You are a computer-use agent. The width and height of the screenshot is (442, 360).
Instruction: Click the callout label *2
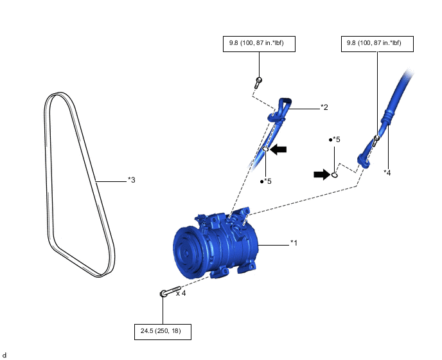(x=324, y=107)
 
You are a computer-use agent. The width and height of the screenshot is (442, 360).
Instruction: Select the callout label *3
(x=131, y=180)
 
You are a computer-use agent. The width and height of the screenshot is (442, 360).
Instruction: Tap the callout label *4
(x=387, y=172)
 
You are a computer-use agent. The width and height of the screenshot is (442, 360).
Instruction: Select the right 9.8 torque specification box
(x=376, y=44)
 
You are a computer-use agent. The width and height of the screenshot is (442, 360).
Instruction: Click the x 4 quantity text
(x=181, y=293)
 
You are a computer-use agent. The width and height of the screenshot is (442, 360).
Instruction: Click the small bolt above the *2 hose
(x=258, y=81)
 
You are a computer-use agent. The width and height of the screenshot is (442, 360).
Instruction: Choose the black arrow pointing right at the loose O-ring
(x=322, y=174)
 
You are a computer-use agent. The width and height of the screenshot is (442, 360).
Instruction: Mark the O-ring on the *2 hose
(x=265, y=150)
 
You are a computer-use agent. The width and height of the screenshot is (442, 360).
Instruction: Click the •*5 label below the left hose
(x=265, y=181)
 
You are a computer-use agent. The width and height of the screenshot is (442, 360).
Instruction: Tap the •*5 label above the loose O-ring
(x=334, y=139)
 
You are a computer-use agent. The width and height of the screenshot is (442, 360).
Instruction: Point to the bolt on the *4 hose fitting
(x=376, y=137)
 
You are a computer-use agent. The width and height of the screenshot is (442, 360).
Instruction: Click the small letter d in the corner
(x=4, y=355)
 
